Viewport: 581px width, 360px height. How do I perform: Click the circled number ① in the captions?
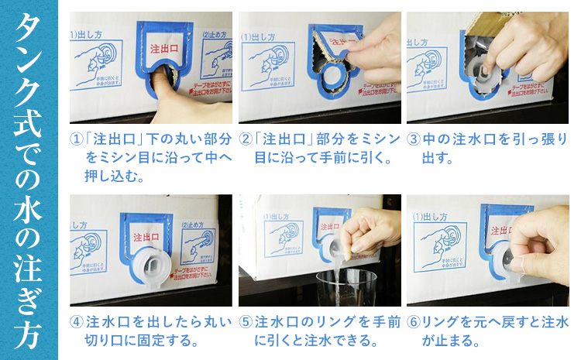coord(76,140)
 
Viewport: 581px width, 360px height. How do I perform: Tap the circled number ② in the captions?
coord(245,140)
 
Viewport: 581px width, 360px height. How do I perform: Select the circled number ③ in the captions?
coord(414,140)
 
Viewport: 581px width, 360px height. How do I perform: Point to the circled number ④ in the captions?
coord(76,321)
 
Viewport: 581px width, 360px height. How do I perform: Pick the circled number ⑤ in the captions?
coord(245,321)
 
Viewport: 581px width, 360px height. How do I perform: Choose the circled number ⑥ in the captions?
coord(414,321)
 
